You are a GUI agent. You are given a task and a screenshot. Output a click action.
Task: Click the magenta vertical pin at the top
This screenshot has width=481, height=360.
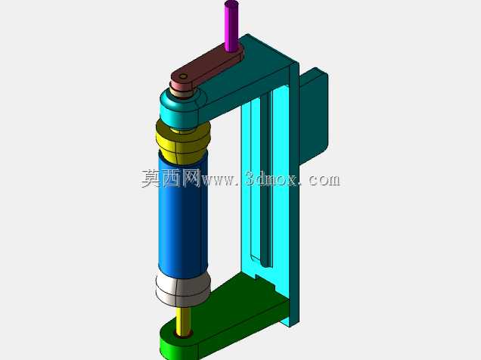(231, 26)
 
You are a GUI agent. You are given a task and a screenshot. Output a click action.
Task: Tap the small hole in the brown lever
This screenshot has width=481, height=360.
(183, 76)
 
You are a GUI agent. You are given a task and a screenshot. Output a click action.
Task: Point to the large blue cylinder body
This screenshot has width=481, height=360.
(183, 215)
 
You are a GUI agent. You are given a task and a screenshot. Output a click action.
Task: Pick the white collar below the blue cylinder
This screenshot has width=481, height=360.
(183, 289)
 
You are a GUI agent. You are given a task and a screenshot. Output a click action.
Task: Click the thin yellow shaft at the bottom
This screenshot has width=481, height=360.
(183, 321)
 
